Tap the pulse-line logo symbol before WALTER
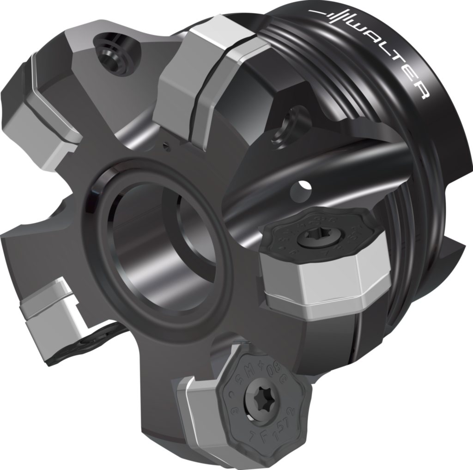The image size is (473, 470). (x=331, y=16)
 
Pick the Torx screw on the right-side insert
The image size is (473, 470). (x=316, y=237)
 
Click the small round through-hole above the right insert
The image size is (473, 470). (x=304, y=186)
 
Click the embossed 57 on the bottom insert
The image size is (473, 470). (x=279, y=422)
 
